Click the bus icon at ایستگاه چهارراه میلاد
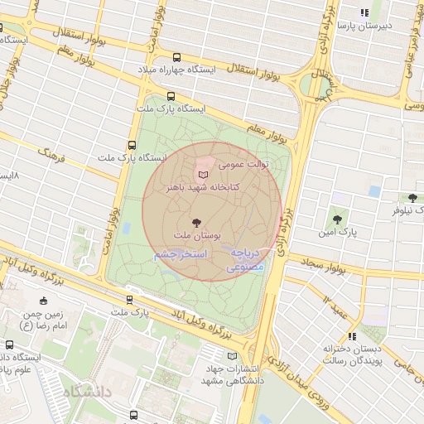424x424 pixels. (176, 57)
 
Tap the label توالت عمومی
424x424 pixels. (243, 165)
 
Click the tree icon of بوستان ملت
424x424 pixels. (196, 222)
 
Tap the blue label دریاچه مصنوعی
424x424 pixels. (245, 260)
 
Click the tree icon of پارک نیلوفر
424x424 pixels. (412, 197)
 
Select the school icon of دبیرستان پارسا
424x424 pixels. (364, 12)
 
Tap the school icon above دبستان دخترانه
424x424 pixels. (353, 336)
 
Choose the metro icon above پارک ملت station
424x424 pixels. (128, 300)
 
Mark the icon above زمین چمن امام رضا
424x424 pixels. (43, 301)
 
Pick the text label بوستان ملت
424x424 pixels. (196, 236)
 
